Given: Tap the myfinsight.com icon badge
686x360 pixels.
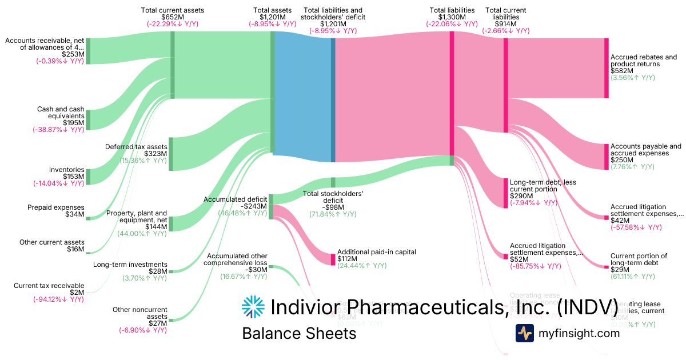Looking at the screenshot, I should pyautogui.click(x=524, y=333).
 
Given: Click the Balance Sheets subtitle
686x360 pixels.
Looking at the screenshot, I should pyautogui.click(x=299, y=334).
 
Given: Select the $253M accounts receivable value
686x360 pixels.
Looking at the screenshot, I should pyautogui.click(x=73, y=54).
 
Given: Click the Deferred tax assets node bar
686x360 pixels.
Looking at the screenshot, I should pyautogui.click(x=170, y=154).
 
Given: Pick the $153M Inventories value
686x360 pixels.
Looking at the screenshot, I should pyautogui.click(x=73, y=177).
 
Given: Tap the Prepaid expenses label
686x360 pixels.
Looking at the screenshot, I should pyautogui.click(x=55, y=207).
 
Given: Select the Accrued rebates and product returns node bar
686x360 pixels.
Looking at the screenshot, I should pyautogui.click(x=606, y=69).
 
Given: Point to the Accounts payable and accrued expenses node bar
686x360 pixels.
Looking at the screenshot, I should pyautogui.click(x=606, y=157).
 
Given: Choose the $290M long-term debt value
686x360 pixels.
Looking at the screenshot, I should pyautogui.click(x=521, y=195).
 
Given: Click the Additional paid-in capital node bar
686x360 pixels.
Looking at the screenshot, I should pyautogui.click(x=333, y=259).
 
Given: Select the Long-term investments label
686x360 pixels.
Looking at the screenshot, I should pyautogui.click(x=130, y=265).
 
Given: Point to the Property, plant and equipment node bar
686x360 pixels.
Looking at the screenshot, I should pyautogui.click(x=170, y=223).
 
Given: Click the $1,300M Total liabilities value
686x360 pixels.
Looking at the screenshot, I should pyautogui.click(x=452, y=17).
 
